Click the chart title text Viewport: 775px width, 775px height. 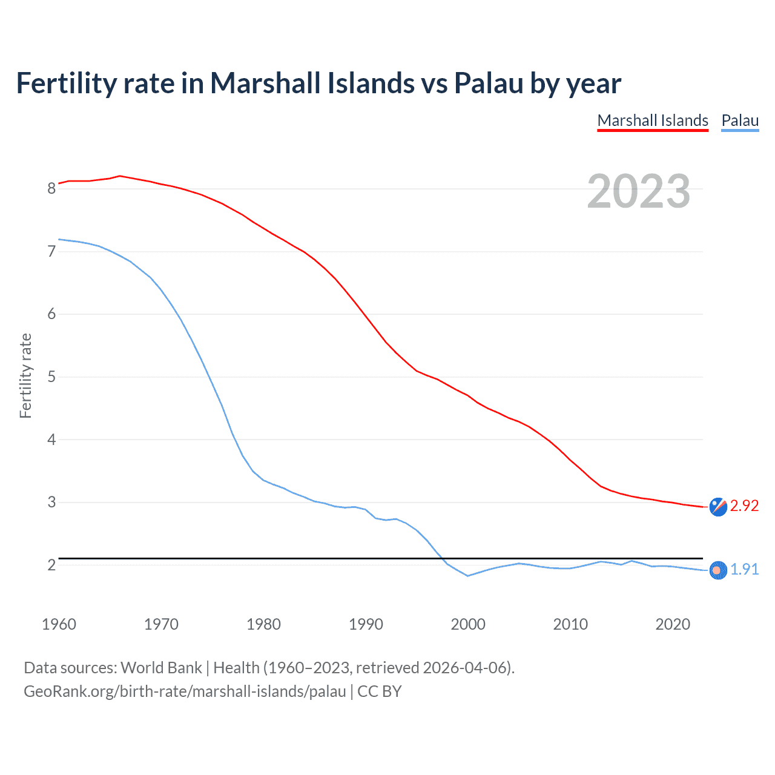coord(318,84)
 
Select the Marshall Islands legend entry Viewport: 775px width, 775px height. coord(653,120)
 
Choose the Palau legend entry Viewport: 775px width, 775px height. coord(740,120)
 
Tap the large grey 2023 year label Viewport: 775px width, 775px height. coord(639,191)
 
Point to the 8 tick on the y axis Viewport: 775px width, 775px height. coord(51,188)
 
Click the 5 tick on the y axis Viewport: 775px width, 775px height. coord(51,377)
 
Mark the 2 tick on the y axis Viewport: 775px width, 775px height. coord(51,565)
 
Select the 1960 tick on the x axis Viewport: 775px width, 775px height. coord(59,624)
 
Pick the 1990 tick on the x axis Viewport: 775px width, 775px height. coord(366,624)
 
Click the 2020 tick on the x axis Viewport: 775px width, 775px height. coord(673,624)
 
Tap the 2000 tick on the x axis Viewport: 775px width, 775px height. coord(468,624)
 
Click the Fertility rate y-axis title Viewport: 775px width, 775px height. coord(25,375)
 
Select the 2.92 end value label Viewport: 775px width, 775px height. coord(744,506)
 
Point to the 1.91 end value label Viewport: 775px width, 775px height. coord(744,570)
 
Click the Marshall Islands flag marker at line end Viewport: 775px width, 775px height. coord(718,507)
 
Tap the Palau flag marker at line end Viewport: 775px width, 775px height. coord(718,570)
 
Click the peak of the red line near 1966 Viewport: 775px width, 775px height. coord(120,176)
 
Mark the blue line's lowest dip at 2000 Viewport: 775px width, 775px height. coord(468,576)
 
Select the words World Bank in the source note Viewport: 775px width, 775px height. coord(161,668)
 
